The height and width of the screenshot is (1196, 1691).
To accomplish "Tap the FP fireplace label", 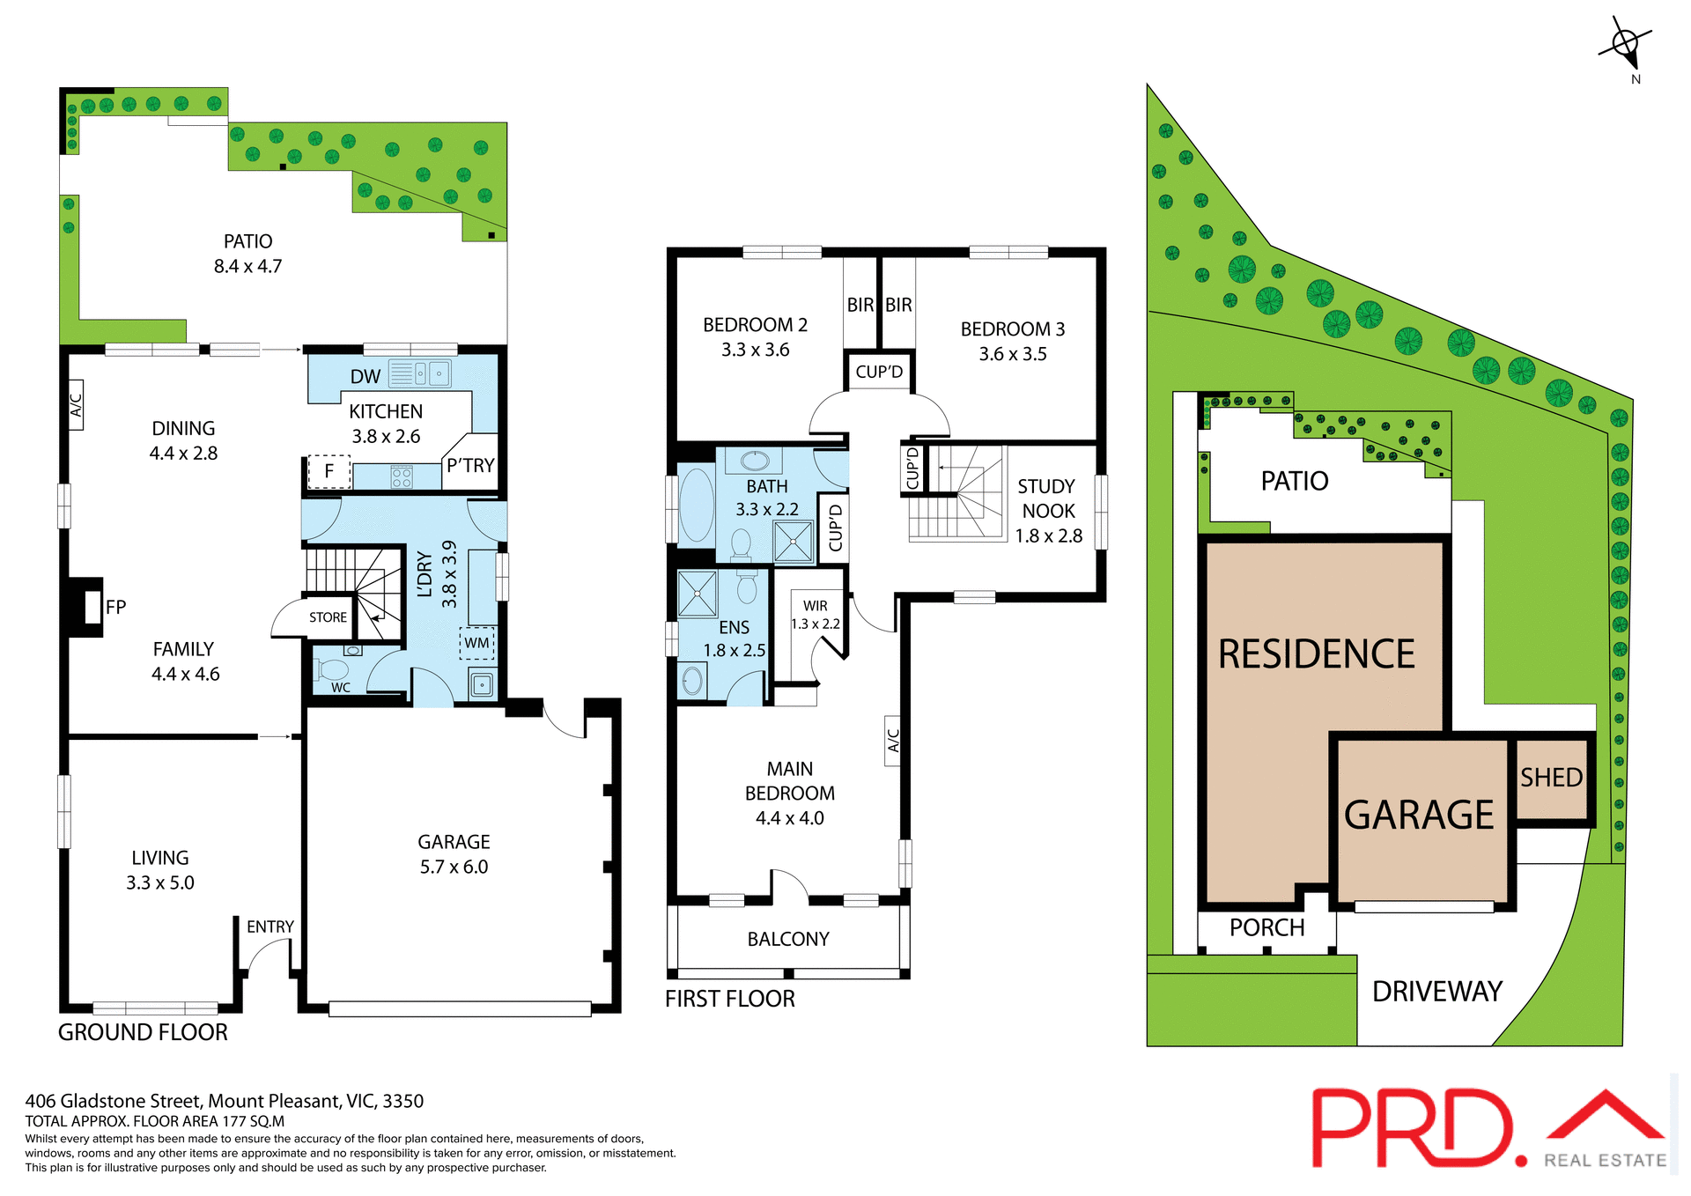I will tap(115, 607).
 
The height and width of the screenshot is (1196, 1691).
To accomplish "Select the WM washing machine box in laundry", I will tap(476, 643).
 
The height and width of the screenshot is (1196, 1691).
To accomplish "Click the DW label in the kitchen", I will tap(365, 377).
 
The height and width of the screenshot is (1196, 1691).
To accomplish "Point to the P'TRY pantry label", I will tap(470, 465).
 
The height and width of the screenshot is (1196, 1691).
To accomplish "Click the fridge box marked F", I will tap(329, 471).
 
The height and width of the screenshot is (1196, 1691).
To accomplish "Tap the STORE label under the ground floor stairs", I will tap(328, 617).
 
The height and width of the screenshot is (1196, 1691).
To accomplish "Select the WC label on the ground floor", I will tap(341, 688).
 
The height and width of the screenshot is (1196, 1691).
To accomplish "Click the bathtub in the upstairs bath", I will tap(696, 504).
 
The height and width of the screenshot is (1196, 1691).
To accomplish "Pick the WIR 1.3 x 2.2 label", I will tap(816, 615).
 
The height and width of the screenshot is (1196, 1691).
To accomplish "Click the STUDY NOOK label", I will tap(1047, 499).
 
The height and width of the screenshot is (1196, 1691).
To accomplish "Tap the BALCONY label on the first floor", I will tap(788, 939).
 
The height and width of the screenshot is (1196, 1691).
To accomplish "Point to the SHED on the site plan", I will tap(1551, 778).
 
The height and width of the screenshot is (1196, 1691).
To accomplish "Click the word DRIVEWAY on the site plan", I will tap(1436, 992).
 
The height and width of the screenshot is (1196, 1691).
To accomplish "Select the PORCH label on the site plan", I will tap(1266, 927).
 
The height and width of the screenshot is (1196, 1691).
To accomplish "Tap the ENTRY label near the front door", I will tap(270, 927).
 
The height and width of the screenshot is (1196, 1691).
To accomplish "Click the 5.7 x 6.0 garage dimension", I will tap(454, 867).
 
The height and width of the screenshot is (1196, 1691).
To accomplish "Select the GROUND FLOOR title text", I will tap(143, 1032).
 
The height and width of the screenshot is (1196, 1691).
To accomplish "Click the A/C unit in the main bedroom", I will tap(892, 740).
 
